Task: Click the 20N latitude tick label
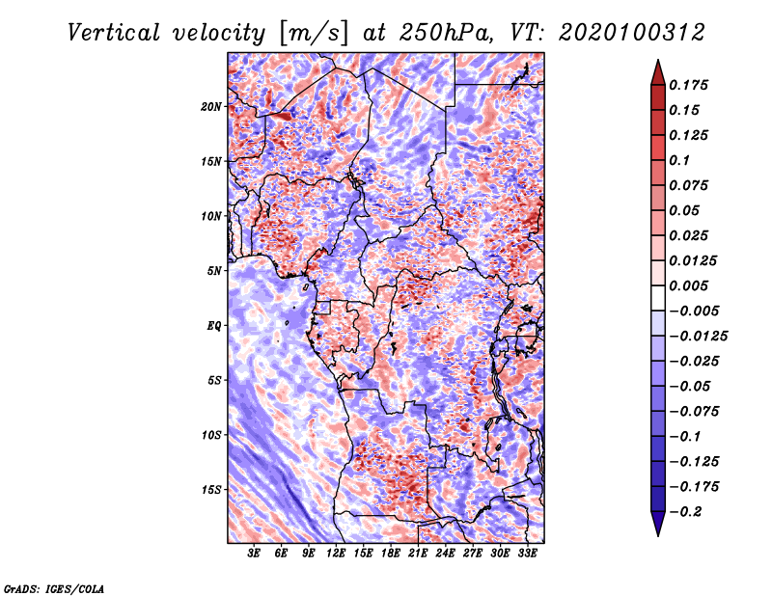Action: coord(211,107)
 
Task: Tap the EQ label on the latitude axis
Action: coord(213,326)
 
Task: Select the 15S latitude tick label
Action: coord(211,490)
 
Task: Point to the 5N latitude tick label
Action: coord(214,271)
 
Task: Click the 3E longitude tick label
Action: coord(254,554)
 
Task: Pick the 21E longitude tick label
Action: coord(418,554)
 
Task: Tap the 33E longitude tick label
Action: coord(527,554)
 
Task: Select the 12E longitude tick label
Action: coord(336,554)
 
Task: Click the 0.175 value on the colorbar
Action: coord(688,85)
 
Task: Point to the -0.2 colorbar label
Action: coord(685,512)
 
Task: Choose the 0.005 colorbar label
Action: coord(688,285)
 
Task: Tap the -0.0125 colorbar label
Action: coord(698,337)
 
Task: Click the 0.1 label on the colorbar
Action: coord(679,160)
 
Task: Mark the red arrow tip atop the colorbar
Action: coord(658,60)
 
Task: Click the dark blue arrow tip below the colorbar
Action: coord(658,535)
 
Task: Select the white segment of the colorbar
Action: coord(658,298)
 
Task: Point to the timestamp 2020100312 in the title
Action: coord(632,33)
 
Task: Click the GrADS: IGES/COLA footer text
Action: coord(54,588)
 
